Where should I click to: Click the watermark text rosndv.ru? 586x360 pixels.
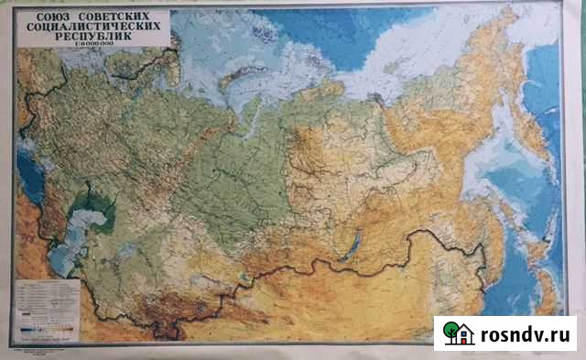pyautogui.click(x=526, y=333)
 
